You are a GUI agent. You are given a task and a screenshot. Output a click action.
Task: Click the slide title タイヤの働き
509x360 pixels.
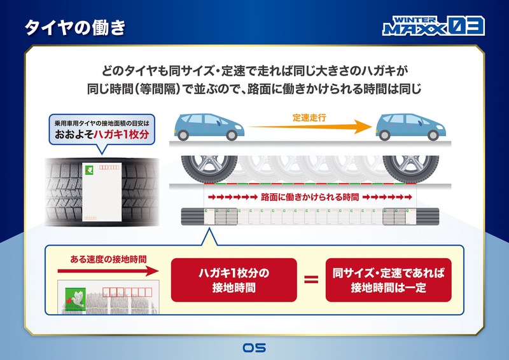[75, 28]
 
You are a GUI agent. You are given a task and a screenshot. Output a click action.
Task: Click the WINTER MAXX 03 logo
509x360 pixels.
[433, 26]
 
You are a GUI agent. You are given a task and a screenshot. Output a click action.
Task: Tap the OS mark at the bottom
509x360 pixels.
[254, 348]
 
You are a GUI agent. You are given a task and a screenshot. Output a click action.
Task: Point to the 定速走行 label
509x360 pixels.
[310, 118]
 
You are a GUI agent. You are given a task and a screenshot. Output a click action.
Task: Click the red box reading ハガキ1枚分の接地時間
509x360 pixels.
[234, 280]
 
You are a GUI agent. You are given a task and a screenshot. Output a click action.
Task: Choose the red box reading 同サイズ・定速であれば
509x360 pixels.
[388, 280]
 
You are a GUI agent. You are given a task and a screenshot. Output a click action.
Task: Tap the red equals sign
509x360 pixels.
[311, 280]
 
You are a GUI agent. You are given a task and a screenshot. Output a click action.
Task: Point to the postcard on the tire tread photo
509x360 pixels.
[101, 191]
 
